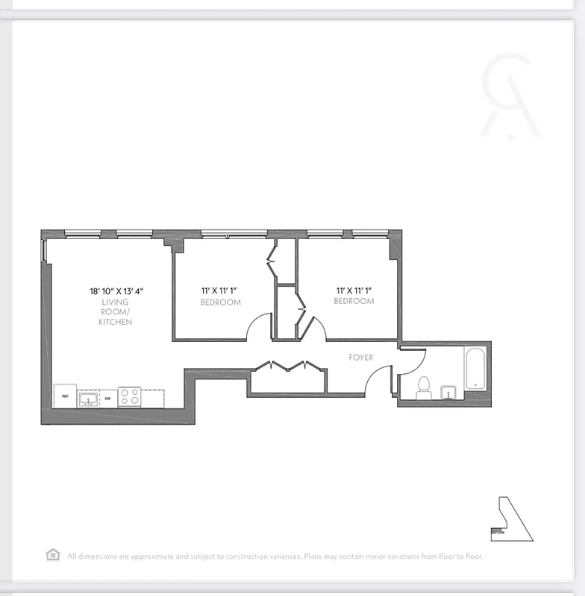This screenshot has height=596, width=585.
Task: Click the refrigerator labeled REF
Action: (x=65, y=396)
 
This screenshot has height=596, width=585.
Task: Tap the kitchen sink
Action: (x=88, y=398)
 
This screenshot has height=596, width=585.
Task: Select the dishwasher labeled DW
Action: (x=108, y=399)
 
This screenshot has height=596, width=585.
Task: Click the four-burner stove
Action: (x=130, y=397)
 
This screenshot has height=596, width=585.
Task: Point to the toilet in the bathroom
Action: (x=424, y=387)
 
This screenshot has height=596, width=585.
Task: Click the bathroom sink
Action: (x=449, y=392)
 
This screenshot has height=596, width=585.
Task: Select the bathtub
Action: (x=475, y=367)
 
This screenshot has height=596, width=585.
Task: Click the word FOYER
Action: (x=360, y=358)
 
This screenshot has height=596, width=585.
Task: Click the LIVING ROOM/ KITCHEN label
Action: (x=116, y=312)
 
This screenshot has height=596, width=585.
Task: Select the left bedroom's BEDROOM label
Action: (x=220, y=302)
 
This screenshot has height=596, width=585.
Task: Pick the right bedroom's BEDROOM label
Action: (x=354, y=301)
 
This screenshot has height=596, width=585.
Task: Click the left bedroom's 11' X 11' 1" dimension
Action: (x=221, y=291)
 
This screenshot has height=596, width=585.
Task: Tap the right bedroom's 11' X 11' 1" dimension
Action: (x=354, y=289)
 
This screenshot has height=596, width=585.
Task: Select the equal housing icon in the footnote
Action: (x=53, y=555)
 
